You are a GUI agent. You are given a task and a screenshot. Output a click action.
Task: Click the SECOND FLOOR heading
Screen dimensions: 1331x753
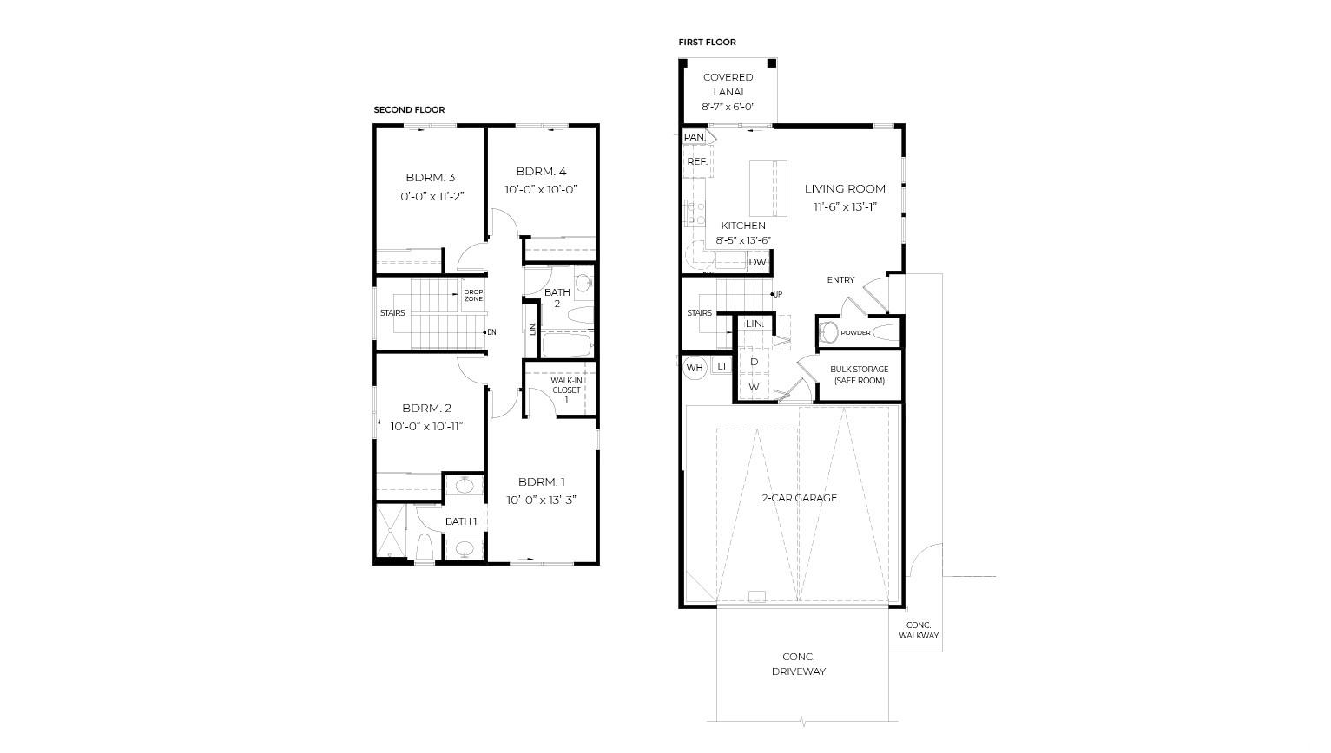coord(409,110)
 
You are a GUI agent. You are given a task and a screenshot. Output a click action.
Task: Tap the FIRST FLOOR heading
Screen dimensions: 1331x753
coord(707,43)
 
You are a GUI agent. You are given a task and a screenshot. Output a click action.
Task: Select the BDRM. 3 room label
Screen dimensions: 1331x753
coord(430,178)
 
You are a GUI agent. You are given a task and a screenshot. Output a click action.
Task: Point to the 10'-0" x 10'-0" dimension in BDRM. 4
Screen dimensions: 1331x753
coord(541,189)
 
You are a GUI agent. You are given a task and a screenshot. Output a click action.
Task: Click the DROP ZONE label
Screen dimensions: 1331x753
coord(473,295)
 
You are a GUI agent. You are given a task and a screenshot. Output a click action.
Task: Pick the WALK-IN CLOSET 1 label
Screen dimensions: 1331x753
coord(566,390)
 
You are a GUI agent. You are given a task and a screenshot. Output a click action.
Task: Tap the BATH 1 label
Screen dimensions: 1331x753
coord(461,521)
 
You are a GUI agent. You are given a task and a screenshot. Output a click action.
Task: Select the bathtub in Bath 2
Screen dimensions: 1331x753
coord(568,345)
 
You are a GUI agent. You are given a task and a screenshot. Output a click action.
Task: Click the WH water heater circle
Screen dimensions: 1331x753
coord(695,368)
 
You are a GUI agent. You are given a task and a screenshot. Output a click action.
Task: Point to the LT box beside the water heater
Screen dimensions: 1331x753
coord(722,366)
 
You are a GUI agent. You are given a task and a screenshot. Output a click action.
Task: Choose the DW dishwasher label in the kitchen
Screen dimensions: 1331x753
coord(757,262)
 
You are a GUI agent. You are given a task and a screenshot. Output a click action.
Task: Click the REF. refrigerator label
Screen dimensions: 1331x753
coord(697,161)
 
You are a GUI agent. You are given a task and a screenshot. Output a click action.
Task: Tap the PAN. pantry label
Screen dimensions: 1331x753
coord(695,137)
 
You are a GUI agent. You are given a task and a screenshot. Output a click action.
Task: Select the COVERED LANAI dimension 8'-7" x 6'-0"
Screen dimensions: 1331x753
coord(728,107)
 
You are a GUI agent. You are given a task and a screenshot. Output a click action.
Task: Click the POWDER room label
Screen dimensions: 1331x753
coord(855,332)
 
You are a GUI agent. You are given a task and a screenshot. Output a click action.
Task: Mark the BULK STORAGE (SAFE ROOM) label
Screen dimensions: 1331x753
coord(860,375)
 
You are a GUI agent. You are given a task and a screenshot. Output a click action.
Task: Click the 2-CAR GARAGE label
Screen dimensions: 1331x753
coord(799,498)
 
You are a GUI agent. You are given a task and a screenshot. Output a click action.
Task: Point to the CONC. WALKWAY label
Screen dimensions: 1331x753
coord(919,630)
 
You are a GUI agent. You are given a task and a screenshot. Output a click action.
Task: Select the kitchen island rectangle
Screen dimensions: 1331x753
coord(768,188)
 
